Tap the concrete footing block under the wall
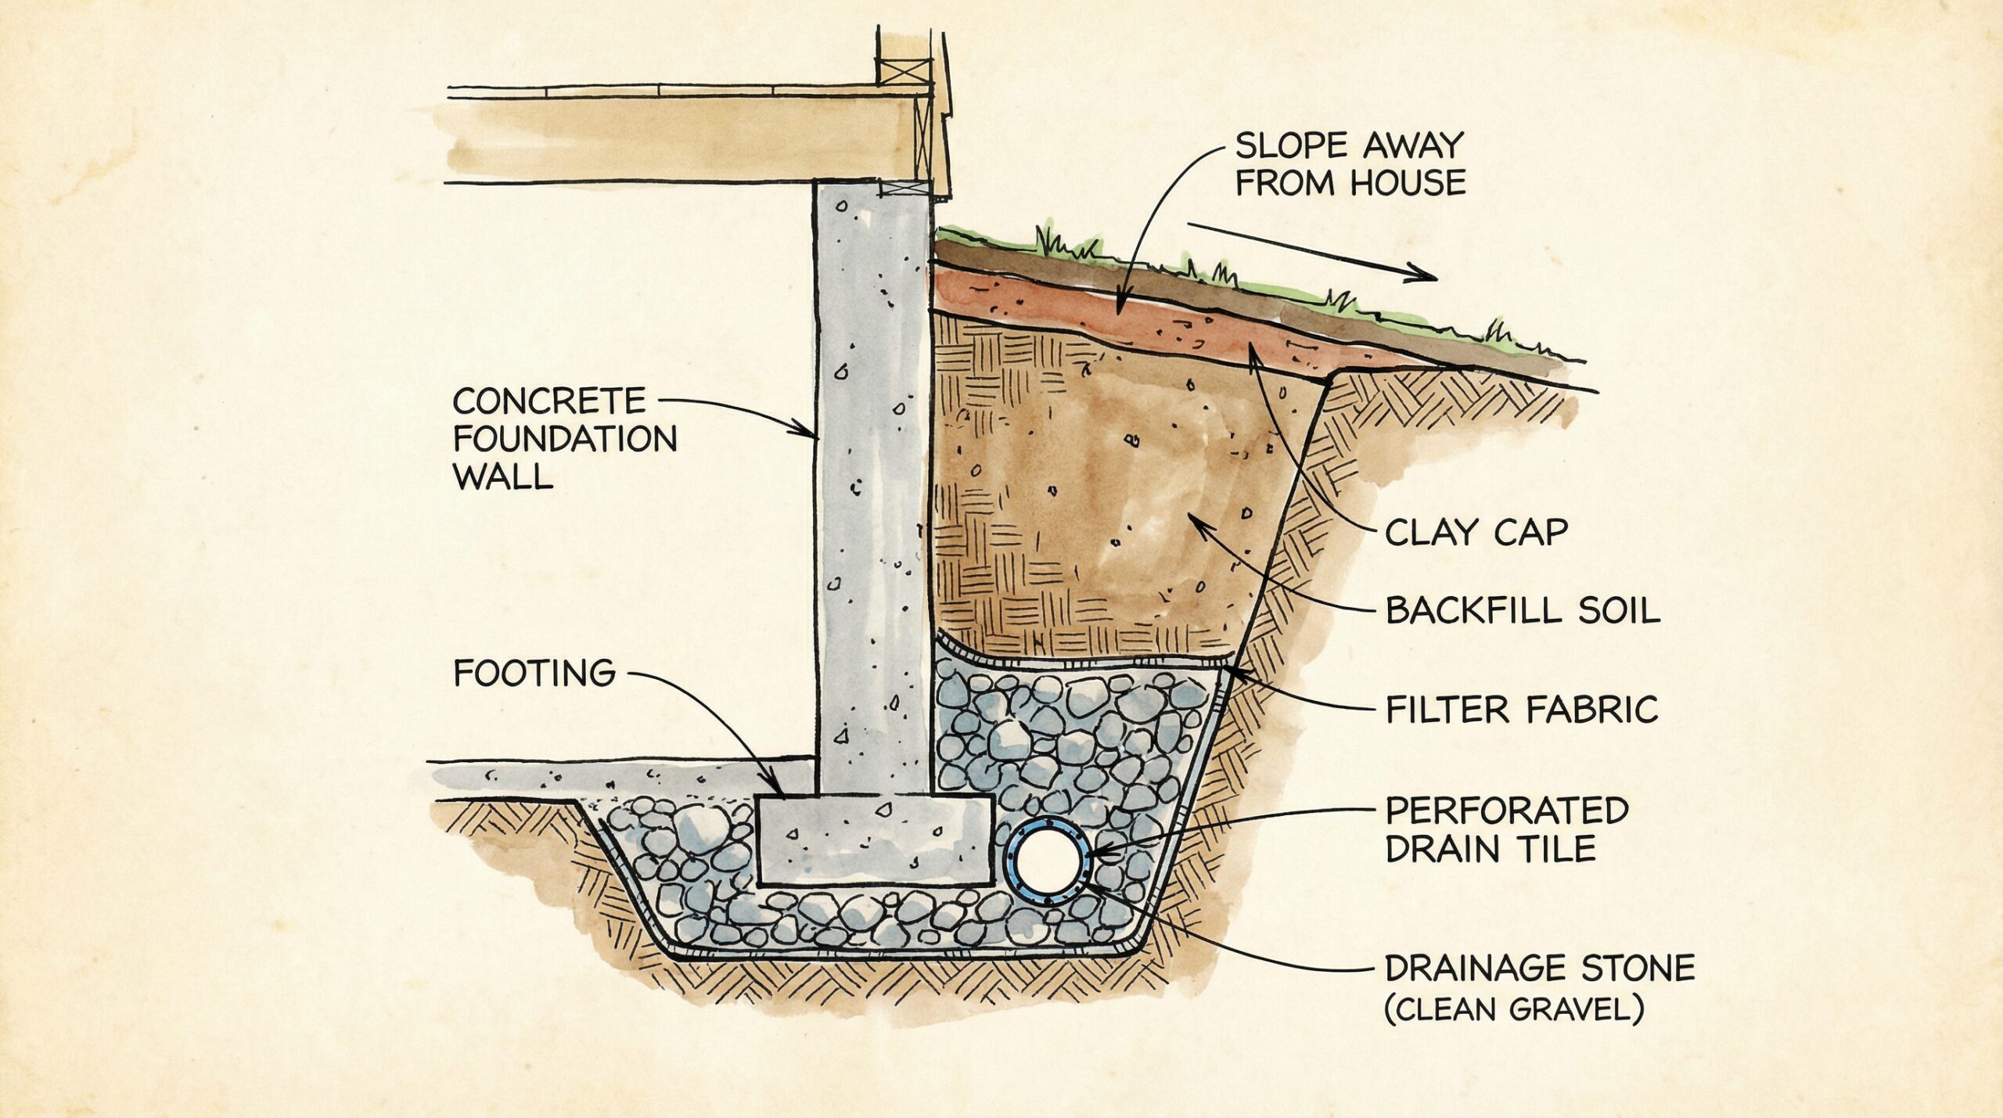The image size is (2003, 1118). [x=875, y=840]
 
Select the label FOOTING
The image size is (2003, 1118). [x=534, y=673]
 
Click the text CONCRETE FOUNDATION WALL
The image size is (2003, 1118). [x=563, y=438]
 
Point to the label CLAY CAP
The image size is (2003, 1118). [x=1476, y=534]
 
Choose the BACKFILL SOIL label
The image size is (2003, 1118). [x=1522, y=611]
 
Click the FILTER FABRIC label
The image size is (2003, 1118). [x=1521, y=710]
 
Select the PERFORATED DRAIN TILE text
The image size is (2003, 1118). [x=1506, y=830]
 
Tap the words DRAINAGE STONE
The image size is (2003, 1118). [x=1539, y=969]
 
